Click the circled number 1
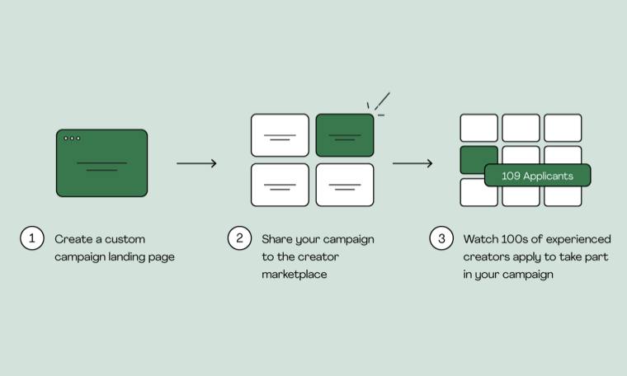point(32,239)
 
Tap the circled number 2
point(239,239)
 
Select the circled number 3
point(441,239)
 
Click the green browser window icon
point(101,163)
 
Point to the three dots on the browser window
point(72,139)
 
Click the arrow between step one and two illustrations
point(196,163)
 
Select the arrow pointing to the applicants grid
point(412,163)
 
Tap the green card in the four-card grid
point(345,135)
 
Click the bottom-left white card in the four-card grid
point(280,185)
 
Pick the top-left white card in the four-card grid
point(280,135)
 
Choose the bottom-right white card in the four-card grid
point(345,185)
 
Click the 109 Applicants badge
point(537,176)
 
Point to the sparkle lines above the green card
point(378,102)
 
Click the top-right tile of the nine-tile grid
point(563,128)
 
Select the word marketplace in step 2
point(295,274)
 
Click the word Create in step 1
point(72,239)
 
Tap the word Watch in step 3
point(480,239)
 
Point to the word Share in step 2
point(278,239)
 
